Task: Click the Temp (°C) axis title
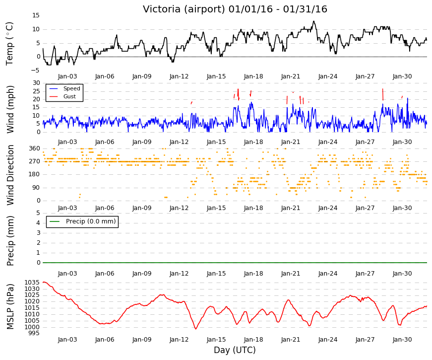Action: tap(9, 44)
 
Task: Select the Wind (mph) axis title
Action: tap(10, 109)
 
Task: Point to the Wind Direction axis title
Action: tap(10, 175)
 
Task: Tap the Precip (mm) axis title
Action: tap(10, 240)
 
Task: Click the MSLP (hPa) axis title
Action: tap(10, 306)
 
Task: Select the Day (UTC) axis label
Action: tap(235, 350)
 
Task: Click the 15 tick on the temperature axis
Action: tap(36, 15)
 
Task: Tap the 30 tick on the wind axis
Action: tap(36, 83)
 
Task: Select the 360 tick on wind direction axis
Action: tap(34, 148)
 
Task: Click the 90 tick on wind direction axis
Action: tap(36, 188)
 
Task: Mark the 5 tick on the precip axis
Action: tap(38, 213)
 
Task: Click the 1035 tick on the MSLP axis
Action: tap(32, 282)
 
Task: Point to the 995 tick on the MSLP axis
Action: tap(34, 333)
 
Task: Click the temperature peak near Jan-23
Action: tap(313, 21)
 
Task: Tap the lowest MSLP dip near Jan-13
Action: tap(195, 329)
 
